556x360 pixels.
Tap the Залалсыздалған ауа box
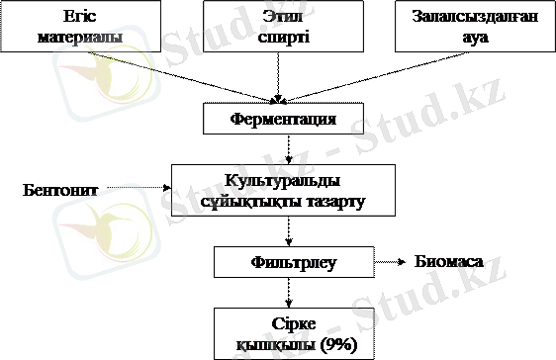point(469,27)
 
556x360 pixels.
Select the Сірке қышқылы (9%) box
point(289,332)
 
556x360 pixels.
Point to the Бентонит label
point(60,189)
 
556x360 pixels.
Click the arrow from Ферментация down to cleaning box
point(289,149)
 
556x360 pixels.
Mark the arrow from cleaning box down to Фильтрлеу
point(289,233)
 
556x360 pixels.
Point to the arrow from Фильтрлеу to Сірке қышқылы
point(289,292)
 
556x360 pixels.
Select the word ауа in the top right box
point(470,37)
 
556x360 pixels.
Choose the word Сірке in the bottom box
point(289,323)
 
